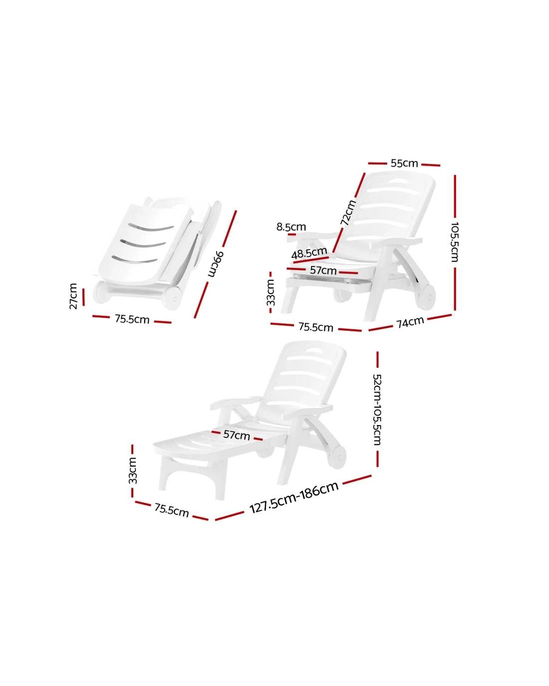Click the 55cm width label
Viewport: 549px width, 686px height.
click(404, 163)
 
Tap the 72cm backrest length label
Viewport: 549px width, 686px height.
click(348, 213)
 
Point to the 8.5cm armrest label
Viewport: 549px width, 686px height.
click(291, 227)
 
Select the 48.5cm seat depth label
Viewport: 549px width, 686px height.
click(309, 253)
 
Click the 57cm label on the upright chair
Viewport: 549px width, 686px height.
click(323, 270)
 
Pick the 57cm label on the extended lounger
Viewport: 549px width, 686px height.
click(237, 435)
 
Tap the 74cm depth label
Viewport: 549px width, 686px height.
click(410, 322)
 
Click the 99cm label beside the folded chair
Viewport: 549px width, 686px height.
click(216, 264)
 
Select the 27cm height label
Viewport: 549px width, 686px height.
click(73, 296)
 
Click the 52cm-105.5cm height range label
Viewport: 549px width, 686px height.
click(377, 410)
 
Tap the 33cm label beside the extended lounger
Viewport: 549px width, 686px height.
click(133, 470)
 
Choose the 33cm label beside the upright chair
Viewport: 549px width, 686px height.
click(271, 292)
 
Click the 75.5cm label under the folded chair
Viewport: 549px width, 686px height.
click(132, 319)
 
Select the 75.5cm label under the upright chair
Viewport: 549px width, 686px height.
click(316, 327)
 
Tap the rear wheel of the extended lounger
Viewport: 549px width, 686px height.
click(338, 457)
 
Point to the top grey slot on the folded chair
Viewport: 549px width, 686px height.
click(151, 228)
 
